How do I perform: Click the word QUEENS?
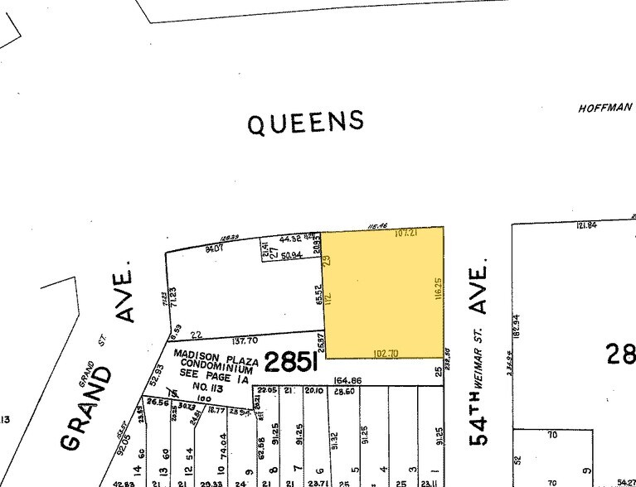(306, 123)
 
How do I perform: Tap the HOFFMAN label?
(605, 108)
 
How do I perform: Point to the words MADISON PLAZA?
(212, 354)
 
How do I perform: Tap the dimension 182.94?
(517, 331)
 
